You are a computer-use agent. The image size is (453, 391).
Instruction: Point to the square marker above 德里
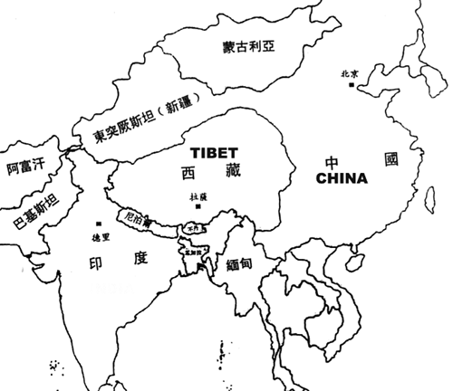(97, 223)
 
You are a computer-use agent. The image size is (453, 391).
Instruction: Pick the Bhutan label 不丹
(189, 229)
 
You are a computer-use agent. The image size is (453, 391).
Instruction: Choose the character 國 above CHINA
(390, 160)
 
